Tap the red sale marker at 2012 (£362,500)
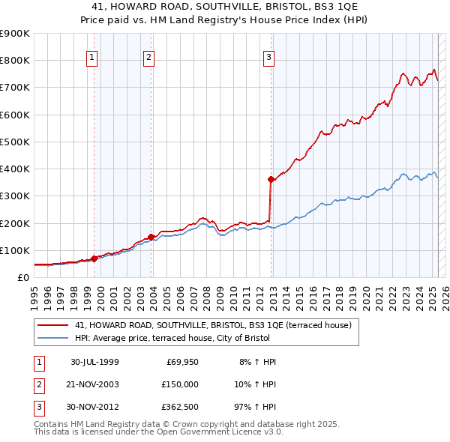point(271,179)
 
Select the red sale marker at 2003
point(151,237)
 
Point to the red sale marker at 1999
point(94,258)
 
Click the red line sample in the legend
point(52,325)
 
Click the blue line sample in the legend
point(52,338)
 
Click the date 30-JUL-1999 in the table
point(94,362)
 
